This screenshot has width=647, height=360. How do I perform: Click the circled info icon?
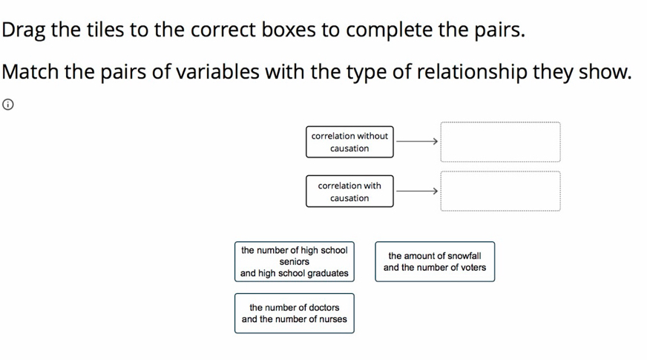click(8, 105)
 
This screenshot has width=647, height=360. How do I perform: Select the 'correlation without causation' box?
click(349, 142)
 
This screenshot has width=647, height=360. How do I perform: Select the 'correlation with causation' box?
click(349, 192)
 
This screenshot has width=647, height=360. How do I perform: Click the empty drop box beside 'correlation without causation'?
click(500, 142)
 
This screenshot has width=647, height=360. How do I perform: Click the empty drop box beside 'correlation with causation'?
click(500, 192)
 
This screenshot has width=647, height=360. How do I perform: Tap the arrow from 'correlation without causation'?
click(417, 142)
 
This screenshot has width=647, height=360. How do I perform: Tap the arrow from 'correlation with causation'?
click(417, 192)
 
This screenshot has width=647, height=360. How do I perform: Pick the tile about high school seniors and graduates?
click(295, 262)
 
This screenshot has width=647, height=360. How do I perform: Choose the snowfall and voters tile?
click(435, 262)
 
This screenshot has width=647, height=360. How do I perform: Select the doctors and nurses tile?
click(295, 313)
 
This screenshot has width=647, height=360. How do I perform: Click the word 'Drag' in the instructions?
click(23, 30)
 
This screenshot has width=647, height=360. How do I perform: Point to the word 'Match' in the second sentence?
click(30, 72)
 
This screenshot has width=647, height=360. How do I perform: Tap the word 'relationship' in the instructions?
click(472, 72)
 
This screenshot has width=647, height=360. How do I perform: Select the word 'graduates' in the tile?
click(328, 274)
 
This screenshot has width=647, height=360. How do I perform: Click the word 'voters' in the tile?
click(473, 267)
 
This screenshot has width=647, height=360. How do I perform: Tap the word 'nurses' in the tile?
click(334, 319)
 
